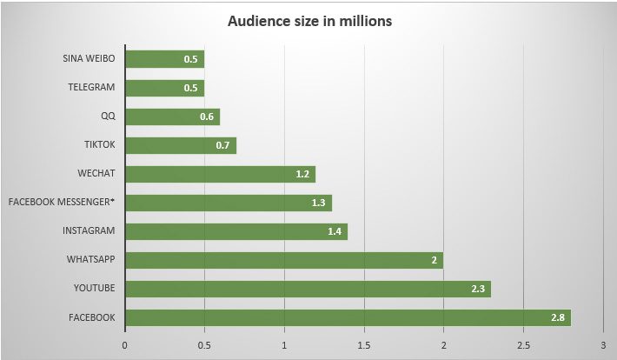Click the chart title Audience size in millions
[x=309, y=21]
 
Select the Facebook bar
[x=348, y=317]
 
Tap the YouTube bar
[x=308, y=289]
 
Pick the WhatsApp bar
[x=284, y=260]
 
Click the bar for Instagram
[x=236, y=231]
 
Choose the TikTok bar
[x=181, y=145]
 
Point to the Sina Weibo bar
[x=165, y=60]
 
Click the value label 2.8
[x=558, y=317]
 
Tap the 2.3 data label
[x=479, y=289]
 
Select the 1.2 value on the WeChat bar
[x=303, y=174]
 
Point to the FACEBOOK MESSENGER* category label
[x=62, y=203]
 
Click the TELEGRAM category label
[x=91, y=88]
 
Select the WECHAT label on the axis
[x=96, y=174]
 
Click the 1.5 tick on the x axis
[x=364, y=345]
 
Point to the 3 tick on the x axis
[x=602, y=345]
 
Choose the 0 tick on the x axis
[x=125, y=345]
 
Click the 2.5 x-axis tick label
[x=523, y=345]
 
